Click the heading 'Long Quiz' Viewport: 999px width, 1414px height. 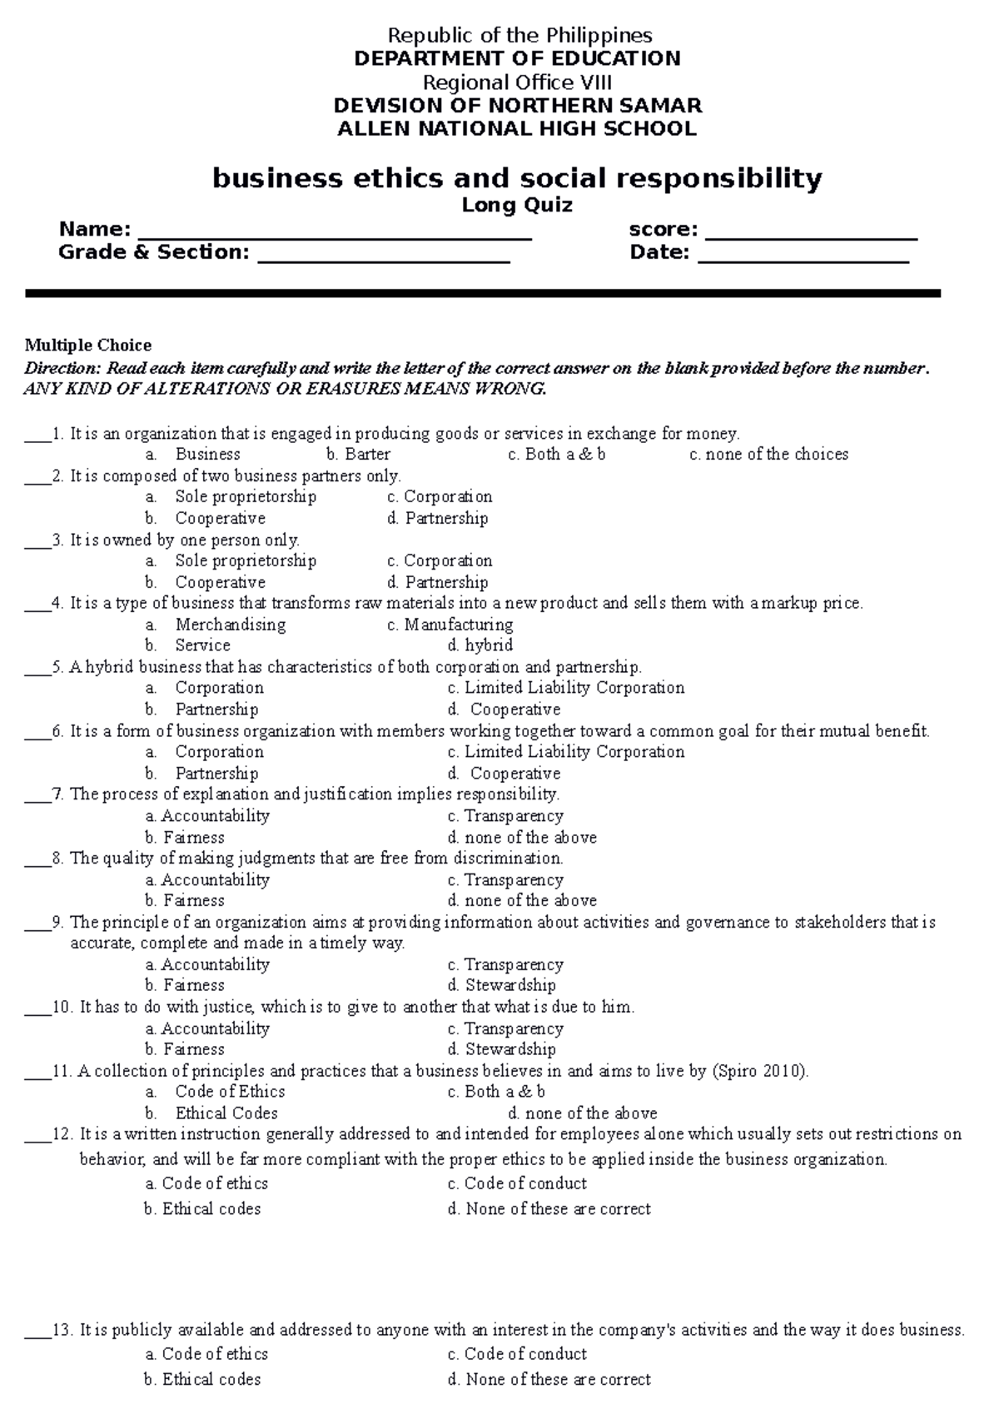(x=517, y=205)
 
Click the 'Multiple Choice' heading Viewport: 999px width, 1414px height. (x=88, y=345)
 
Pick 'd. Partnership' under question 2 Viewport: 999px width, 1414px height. (x=438, y=518)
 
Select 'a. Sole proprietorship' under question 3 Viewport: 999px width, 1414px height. (x=231, y=560)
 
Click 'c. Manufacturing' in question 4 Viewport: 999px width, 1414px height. (x=450, y=624)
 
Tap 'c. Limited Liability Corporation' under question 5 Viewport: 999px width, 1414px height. (x=566, y=688)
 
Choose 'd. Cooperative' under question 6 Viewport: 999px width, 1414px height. (x=504, y=773)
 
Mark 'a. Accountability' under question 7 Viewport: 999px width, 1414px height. (x=207, y=816)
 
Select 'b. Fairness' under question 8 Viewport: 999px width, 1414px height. (x=185, y=900)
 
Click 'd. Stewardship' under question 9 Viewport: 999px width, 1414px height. (x=501, y=985)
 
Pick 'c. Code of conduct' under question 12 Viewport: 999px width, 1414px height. (x=517, y=1183)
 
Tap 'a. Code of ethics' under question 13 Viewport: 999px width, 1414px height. (x=206, y=1354)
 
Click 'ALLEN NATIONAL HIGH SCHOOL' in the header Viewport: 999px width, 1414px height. (x=516, y=128)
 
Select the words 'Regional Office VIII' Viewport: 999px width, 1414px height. (x=517, y=82)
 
